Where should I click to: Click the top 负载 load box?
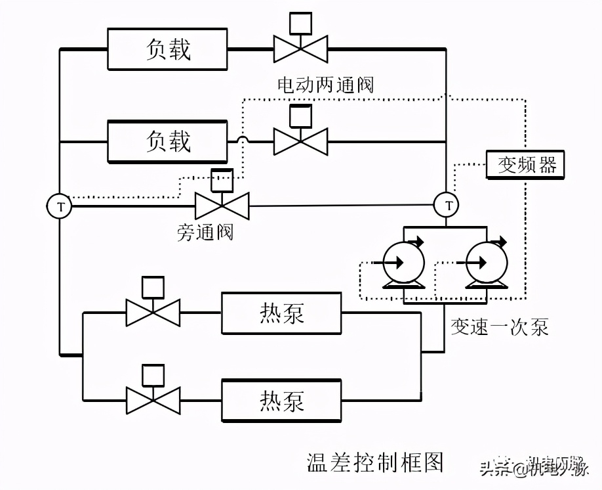click(167, 49)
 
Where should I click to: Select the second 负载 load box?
click(167, 141)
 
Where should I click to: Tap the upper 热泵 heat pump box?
click(281, 313)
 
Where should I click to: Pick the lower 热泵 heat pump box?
click(281, 400)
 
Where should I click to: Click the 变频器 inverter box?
click(526, 164)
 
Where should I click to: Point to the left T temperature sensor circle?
click(60, 206)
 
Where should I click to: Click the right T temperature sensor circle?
click(448, 206)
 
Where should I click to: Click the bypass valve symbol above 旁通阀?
click(222, 204)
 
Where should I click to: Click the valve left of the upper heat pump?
click(153, 313)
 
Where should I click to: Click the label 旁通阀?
click(205, 232)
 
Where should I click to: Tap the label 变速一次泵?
click(499, 326)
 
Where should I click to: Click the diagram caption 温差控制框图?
click(375, 462)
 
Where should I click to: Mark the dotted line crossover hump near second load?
click(242, 140)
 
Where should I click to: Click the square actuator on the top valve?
click(300, 23)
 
